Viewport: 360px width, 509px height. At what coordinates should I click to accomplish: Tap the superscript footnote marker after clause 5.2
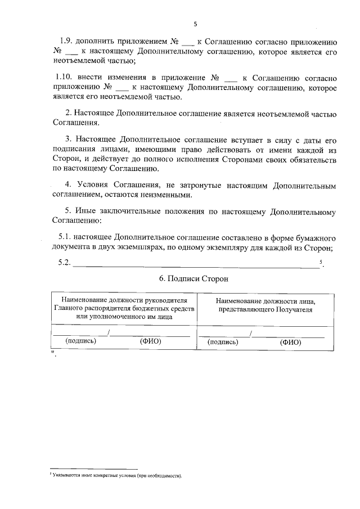[x=320, y=262]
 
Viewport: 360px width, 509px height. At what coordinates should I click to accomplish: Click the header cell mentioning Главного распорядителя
[x=125, y=307]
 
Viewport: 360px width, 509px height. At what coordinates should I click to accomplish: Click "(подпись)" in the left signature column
[x=81, y=341]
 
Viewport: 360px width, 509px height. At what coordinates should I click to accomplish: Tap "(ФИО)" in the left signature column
[x=150, y=341]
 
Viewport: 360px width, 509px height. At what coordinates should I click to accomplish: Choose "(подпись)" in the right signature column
[x=223, y=341]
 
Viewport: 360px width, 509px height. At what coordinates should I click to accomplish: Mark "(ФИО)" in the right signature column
[x=291, y=341]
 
